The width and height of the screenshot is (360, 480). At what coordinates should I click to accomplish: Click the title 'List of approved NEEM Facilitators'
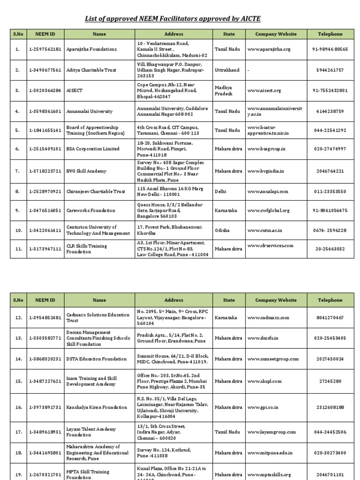[x=172, y=19]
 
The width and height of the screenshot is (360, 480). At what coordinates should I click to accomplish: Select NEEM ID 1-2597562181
[x=45, y=49]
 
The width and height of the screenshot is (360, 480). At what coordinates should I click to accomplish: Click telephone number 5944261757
[x=330, y=70]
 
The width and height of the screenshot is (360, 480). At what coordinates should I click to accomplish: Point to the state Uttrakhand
[x=227, y=70]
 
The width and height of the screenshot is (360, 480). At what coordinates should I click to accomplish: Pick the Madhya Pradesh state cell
[x=224, y=90]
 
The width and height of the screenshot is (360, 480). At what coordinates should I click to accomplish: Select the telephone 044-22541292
[x=330, y=130]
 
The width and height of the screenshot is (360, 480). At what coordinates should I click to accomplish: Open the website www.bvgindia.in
[x=266, y=171]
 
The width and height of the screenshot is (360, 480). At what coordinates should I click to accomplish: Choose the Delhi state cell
[x=221, y=192]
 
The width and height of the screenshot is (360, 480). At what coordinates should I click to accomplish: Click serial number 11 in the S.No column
[x=18, y=249]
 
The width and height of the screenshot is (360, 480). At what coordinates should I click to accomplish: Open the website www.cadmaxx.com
[x=269, y=318]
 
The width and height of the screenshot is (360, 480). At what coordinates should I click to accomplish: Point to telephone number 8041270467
[x=330, y=318]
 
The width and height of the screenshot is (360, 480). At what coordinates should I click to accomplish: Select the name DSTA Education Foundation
[x=97, y=359]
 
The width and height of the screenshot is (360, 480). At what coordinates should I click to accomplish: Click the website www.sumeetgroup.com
[x=273, y=359]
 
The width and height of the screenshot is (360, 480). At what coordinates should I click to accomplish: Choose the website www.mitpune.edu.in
[x=270, y=453]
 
